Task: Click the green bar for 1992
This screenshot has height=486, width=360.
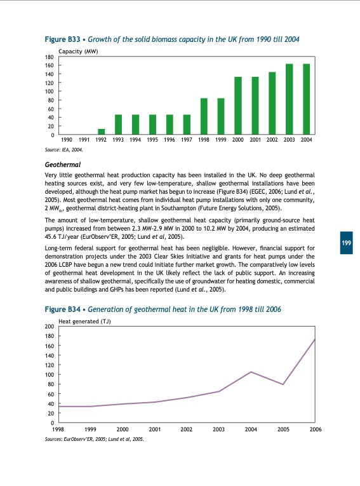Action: (101, 132)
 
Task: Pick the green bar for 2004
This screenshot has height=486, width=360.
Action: (306, 99)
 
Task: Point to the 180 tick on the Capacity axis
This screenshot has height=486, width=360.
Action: (50, 57)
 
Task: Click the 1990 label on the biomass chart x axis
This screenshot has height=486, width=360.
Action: (67, 140)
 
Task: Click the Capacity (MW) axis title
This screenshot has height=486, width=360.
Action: (77, 50)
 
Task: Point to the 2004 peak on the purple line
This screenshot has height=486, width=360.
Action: (251, 372)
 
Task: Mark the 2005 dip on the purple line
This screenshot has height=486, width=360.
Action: (283, 384)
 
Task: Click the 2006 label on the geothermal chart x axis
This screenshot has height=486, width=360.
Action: (315, 430)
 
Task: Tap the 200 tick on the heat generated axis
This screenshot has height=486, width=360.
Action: (50, 327)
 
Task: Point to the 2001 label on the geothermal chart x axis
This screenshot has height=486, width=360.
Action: (154, 430)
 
